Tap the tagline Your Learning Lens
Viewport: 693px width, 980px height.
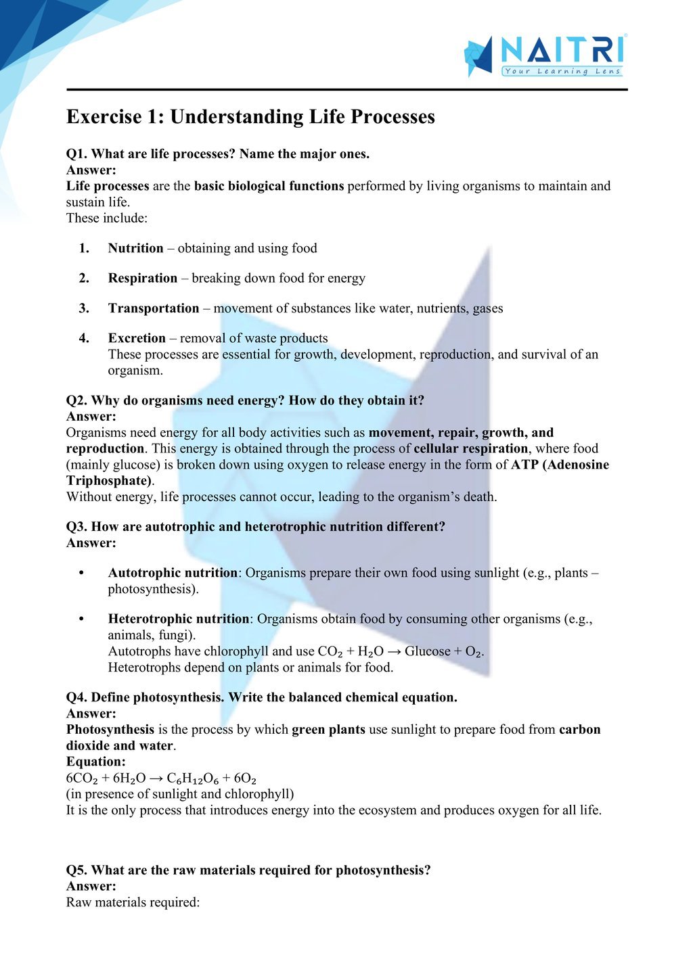(562, 71)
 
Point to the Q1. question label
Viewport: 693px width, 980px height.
(77, 154)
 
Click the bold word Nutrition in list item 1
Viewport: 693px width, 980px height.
(135, 248)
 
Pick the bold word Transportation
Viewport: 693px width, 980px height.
(154, 308)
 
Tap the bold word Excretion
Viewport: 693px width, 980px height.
(137, 338)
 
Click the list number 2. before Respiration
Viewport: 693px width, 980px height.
(84, 278)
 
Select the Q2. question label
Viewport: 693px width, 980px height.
(77, 400)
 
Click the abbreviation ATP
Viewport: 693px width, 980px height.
(524, 465)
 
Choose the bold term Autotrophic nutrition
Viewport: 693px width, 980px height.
(173, 573)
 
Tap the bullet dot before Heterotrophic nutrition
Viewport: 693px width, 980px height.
(81, 619)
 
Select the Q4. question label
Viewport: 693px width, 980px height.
(77, 697)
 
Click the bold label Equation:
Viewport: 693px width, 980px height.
(95, 762)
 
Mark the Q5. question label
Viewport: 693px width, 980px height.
(77, 870)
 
